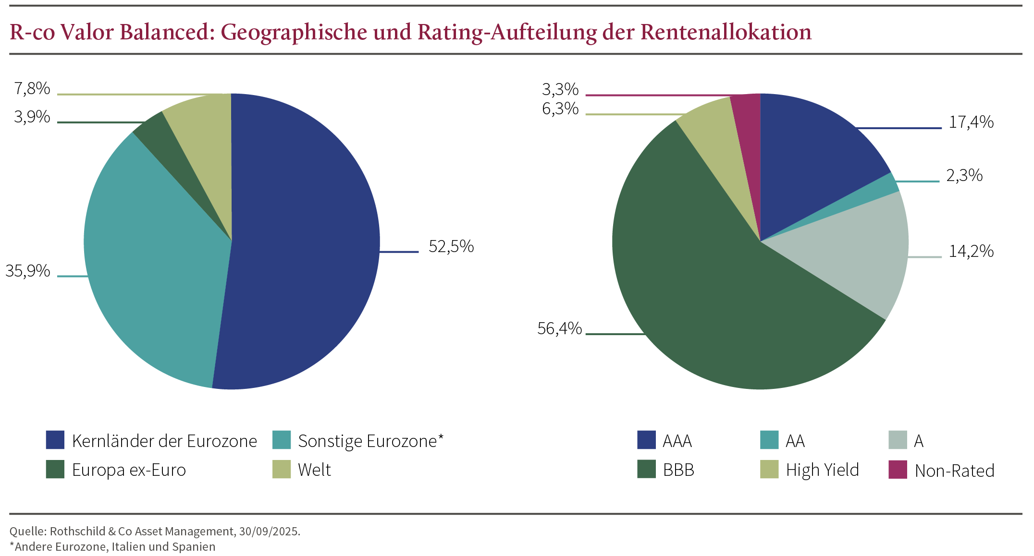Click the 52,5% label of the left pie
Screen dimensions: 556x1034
coord(451,247)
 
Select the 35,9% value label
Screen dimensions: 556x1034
coord(28,271)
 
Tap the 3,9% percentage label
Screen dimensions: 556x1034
coord(32,117)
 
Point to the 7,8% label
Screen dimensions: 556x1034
coord(32,89)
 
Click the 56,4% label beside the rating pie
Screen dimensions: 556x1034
coord(559,329)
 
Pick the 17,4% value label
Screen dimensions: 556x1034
coord(971,122)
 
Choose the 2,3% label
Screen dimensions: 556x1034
coord(964,176)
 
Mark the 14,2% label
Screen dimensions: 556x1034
coord(971,252)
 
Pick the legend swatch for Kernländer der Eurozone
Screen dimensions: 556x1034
coord(55,440)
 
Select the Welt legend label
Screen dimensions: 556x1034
coord(314,470)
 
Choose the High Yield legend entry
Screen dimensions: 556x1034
coord(822,470)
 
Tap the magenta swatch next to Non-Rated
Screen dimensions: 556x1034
coord(898,470)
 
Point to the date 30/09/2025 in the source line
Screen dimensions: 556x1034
coord(269,532)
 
